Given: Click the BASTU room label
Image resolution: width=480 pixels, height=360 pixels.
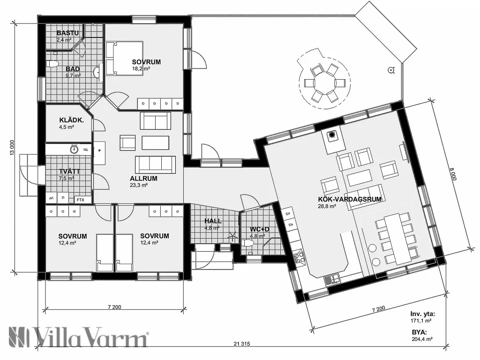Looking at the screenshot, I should point(67,33).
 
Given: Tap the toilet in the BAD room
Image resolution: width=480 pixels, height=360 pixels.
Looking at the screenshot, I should point(52,63).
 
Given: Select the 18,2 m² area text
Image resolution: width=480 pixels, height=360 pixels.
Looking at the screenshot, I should point(140,69).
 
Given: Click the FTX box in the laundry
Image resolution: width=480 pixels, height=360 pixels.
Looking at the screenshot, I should point(80,200).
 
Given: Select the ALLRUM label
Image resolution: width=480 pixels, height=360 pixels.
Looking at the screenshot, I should point(143,179).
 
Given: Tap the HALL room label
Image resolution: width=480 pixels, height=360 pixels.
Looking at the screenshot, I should point(212,221).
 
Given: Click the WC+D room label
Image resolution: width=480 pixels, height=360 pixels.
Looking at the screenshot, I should point(259,229).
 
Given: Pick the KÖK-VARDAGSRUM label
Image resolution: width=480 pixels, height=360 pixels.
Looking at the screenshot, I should point(349,199).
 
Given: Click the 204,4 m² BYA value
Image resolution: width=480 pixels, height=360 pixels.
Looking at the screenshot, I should point(422,338).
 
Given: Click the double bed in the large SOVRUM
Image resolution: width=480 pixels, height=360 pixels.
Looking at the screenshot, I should point(124,59).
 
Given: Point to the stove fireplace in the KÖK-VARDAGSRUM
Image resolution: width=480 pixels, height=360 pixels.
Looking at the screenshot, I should point(332,136).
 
